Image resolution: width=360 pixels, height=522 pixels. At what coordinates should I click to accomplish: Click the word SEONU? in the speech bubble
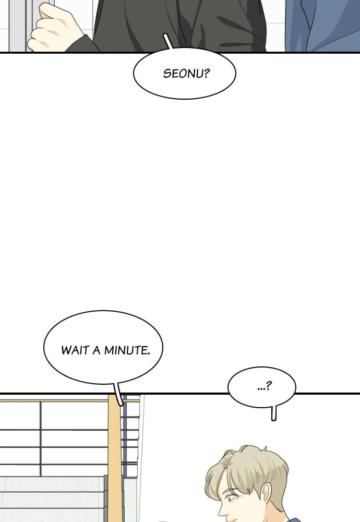click(x=186, y=73)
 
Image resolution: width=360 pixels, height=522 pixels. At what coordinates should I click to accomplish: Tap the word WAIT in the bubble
click(x=76, y=350)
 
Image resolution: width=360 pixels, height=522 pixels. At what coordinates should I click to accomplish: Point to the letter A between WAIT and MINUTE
click(x=97, y=350)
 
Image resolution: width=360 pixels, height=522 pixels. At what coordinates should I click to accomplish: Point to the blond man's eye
click(x=229, y=499)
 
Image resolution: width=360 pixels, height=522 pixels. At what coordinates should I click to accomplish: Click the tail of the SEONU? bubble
click(x=169, y=41)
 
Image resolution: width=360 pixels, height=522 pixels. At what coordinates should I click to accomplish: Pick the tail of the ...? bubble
click(x=273, y=413)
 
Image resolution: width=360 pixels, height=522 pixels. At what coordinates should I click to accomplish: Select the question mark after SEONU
click(x=206, y=73)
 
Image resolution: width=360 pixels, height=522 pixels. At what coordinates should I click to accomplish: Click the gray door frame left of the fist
click(x=17, y=26)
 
